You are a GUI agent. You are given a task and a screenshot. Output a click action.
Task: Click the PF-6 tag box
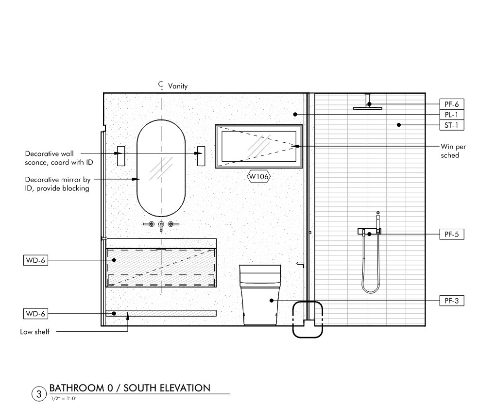pyautogui.click(x=451, y=104)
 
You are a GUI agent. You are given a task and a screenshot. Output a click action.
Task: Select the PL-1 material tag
pyautogui.click(x=451, y=115)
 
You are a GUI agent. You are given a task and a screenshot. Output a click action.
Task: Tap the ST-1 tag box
pyautogui.click(x=451, y=125)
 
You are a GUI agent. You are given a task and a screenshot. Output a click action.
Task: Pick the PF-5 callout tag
pyautogui.click(x=451, y=234)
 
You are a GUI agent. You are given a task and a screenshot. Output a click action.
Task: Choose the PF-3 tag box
pyautogui.click(x=451, y=301)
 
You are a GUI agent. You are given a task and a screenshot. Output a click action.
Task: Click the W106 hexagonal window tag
pyautogui.click(x=259, y=176)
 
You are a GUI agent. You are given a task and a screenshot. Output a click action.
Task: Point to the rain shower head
pyautogui.click(x=367, y=108)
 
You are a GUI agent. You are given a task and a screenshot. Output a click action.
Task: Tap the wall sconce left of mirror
pyautogui.click(x=121, y=156)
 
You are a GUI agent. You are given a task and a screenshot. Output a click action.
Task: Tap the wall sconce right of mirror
pyautogui.click(x=201, y=156)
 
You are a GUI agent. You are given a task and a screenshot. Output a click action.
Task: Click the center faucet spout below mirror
pyautogui.click(x=161, y=226)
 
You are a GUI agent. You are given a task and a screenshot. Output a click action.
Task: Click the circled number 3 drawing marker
pyautogui.click(x=39, y=394)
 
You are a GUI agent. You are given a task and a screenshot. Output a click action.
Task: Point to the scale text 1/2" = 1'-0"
pyautogui.click(x=64, y=398)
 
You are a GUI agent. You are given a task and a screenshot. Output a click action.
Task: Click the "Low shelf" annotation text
pyautogui.click(x=35, y=332)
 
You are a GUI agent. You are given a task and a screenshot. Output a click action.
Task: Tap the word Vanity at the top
pyautogui.click(x=178, y=86)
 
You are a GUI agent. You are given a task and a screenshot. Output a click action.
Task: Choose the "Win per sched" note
pyautogui.click(x=453, y=151)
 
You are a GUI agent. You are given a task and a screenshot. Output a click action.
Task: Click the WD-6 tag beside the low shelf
pyautogui.click(x=35, y=314)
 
